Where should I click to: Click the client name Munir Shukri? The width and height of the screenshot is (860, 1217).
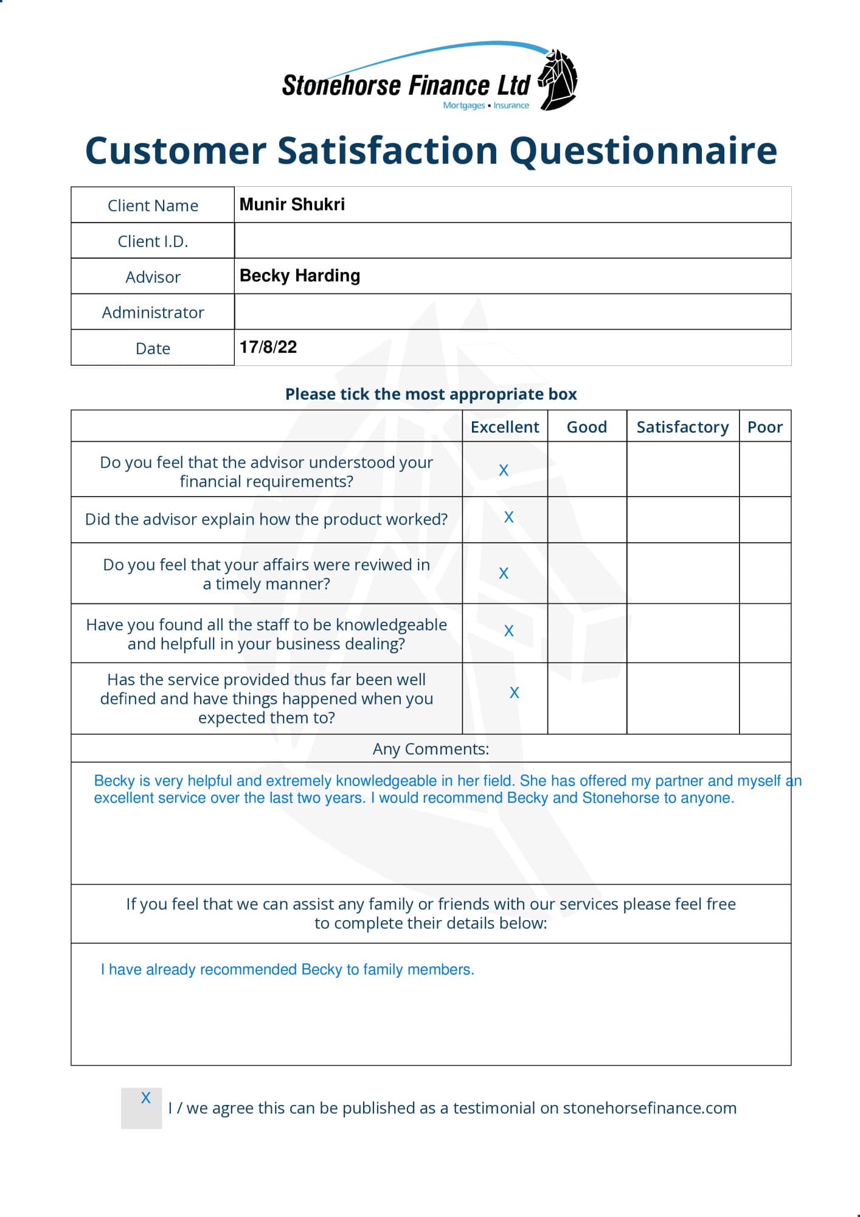pyautogui.click(x=292, y=204)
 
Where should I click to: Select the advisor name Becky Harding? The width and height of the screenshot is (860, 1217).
pyautogui.click(x=300, y=276)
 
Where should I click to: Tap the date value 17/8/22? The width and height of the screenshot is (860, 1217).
pyautogui.click(x=268, y=347)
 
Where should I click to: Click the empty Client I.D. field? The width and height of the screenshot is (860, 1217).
pyautogui.click(x=512, y=240)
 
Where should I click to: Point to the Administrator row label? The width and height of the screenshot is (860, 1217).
pyautogui.click(x=153, y=312)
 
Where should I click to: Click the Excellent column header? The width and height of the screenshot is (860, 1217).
pyautogui.click(x=505, y=427)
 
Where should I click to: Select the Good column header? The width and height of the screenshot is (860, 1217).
pyautogui.click(x=586, y=427)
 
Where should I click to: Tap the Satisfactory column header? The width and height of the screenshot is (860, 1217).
pyautogui.click(x=682, y=427)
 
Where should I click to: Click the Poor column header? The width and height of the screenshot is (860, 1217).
pyautogui.click(x=765, y=427)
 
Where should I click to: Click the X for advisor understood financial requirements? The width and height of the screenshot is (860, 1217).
pyautogui.click(x=504, y=470)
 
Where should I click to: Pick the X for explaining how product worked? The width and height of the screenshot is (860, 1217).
pyautogui.click(x=509, y=517)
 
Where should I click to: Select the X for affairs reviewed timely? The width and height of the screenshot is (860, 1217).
pyautogui.click(x=504, y=573)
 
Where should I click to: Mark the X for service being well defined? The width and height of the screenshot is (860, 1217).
pyautogui.click(x=515, y=692)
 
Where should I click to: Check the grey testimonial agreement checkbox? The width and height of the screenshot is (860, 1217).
pyautogui.click(x=142, y=1107)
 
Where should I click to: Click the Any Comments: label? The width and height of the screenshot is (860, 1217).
pyautogui.click(x=431, y=748)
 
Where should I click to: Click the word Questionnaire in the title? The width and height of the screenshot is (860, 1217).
pyautogui.click(x=643, y=150)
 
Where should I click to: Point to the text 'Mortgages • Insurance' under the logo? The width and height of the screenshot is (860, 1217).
pyautogui.click(x=486, y=105)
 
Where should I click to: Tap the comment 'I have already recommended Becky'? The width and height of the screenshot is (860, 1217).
pyautogui.click(x=287, y=969)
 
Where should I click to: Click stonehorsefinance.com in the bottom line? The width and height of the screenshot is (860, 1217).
pyautogui.click(x=650, y=1107)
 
